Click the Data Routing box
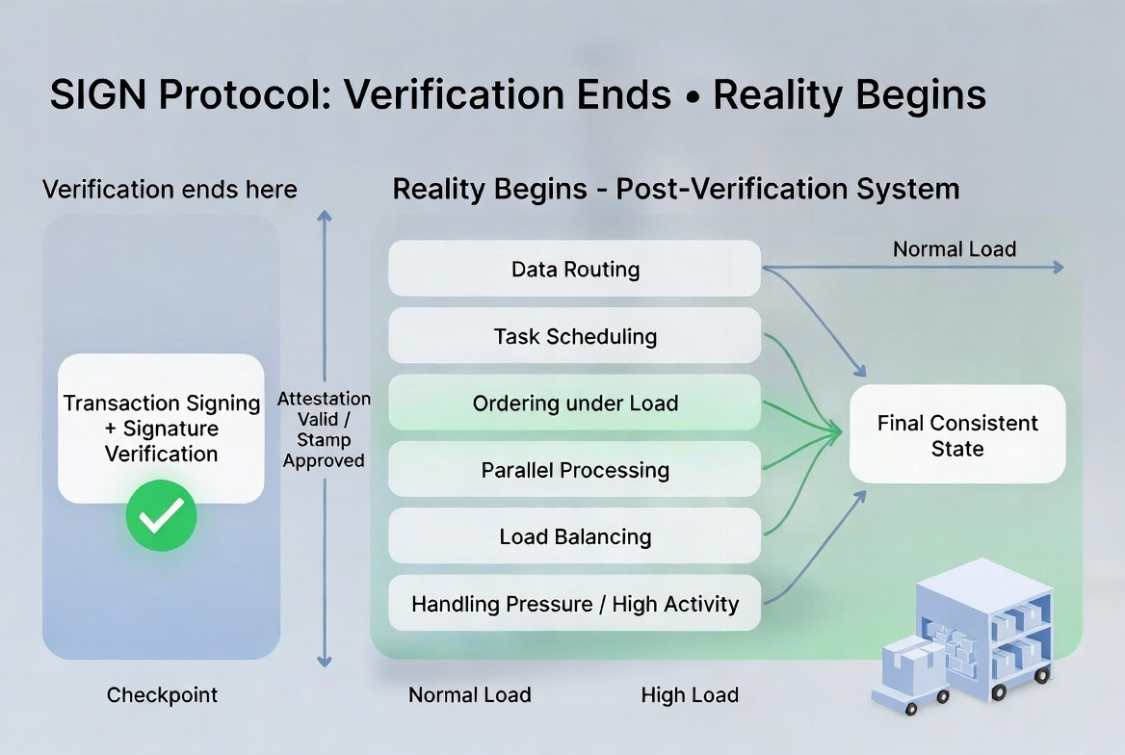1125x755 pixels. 575,269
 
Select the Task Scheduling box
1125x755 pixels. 575,336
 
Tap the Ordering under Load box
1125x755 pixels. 575,403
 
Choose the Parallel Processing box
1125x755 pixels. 575,470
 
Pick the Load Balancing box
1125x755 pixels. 575,536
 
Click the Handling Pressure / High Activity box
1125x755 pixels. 575,604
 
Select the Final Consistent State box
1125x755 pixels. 957,435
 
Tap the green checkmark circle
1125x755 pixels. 161,516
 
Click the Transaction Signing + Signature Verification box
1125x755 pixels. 161,428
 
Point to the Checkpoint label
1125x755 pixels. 162,694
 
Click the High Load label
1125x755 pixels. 690,694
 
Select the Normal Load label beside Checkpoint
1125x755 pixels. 470,694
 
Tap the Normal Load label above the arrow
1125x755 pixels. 955,249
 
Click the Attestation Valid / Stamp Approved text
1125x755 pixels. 324,430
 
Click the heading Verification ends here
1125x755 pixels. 170,189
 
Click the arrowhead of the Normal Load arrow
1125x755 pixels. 1059,268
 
